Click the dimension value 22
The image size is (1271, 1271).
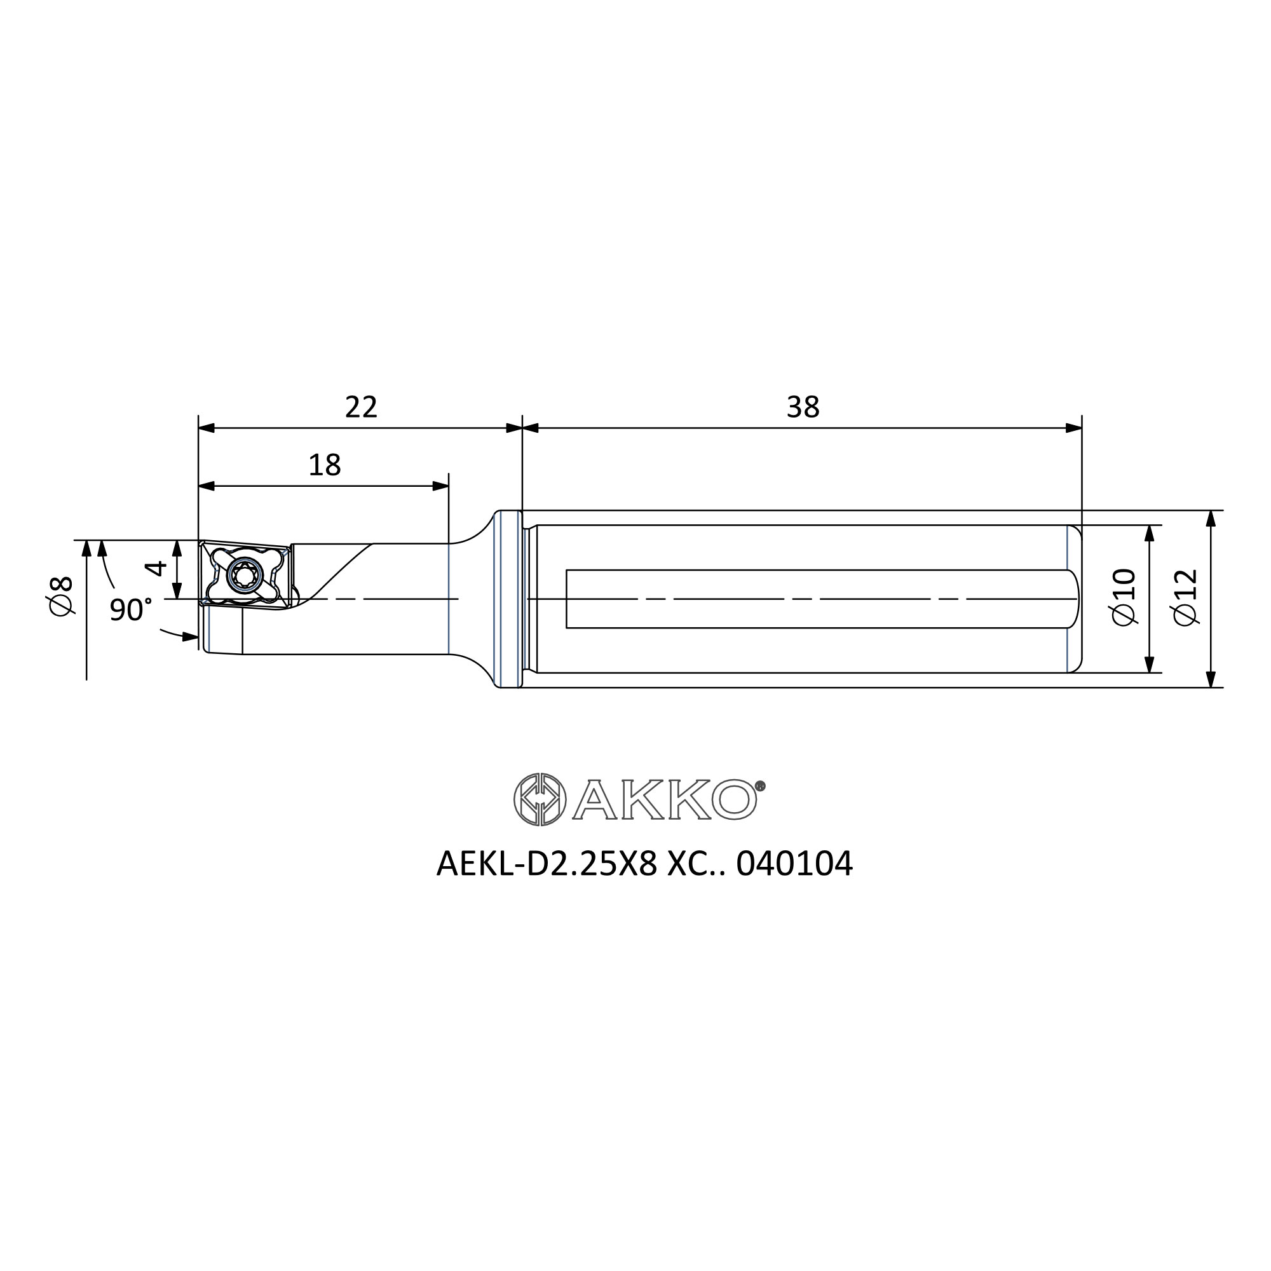click(x=361, y=407)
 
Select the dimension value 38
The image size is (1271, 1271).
click(x=803, y=407)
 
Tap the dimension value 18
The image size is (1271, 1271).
click(x=324, y=465)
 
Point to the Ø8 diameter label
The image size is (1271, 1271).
click(x=61, y=596)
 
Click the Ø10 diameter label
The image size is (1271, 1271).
click(x=1123, y=597)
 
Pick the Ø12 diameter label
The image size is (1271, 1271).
click(x=1186, y=597)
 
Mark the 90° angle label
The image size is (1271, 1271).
click(x=130, y=610)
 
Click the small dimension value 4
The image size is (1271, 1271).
click(x=156, y=567)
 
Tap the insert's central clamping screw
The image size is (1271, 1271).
click(x=244, y=576)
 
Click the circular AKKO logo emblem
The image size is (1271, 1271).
click(x=540, y=799)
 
